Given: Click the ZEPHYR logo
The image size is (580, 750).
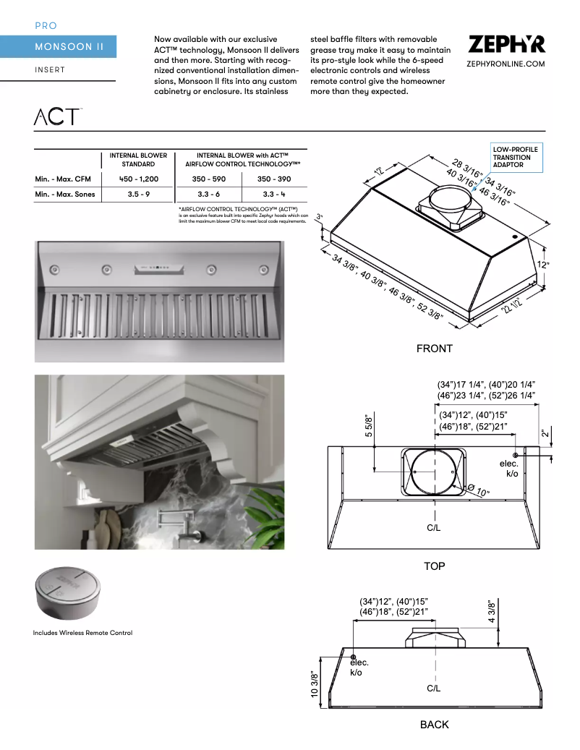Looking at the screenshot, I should pos(506,44).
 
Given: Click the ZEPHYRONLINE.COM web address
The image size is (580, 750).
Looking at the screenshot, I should pos(506,64).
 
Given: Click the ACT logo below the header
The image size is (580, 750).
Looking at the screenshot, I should pos(57,116).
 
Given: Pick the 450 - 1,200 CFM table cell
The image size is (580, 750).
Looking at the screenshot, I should pos(138,179).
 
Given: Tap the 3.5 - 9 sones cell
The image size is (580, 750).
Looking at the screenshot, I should pos(138,194).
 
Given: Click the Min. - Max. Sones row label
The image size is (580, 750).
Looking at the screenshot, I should pos(65,194).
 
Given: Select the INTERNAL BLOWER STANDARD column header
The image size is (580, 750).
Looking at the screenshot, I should pos(138,160).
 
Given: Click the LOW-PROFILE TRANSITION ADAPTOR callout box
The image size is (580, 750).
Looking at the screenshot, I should pos(515,158).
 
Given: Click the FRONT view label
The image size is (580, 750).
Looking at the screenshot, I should pos(434,349).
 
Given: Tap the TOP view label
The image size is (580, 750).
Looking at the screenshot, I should pos(434,566).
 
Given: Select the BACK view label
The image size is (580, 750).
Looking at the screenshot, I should pos(434,724).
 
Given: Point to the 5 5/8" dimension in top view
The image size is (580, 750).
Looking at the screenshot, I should pos(368,427).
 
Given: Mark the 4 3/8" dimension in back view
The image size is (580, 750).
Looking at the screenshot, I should pos(491,611).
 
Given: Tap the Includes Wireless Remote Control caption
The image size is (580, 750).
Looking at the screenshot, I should pos(82,633).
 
